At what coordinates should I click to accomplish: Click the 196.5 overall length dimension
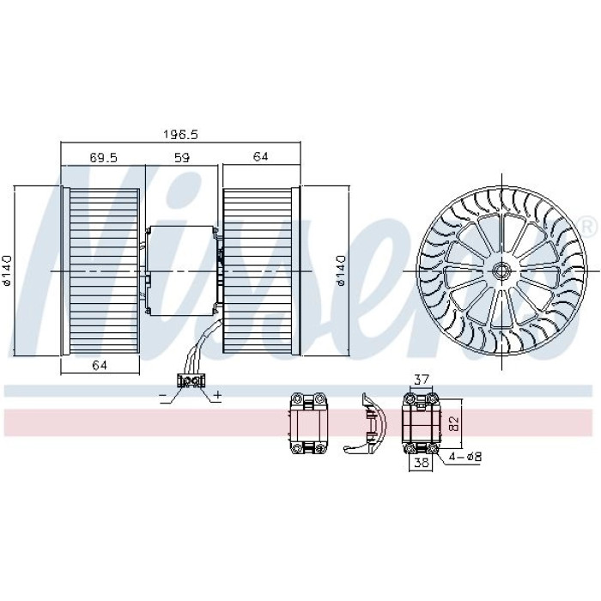180,135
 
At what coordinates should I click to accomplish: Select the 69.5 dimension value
103,157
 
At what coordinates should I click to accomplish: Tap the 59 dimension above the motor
182,157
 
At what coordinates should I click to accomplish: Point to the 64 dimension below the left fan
100,365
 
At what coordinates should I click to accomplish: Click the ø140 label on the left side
7,270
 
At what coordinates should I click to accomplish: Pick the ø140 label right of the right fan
340,270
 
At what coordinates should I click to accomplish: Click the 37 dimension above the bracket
422,379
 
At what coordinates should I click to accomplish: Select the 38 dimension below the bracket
422,463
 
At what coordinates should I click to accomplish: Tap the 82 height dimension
454,423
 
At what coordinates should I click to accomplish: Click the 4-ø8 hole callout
465,457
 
